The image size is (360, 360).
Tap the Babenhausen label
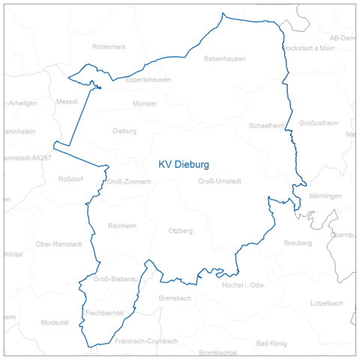point(225,58)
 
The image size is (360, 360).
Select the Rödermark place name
point(109,46)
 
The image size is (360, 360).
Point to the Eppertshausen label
point(148,79)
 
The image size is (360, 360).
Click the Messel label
point(67,101)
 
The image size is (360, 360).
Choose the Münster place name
point(145,103)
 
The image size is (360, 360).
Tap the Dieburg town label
point(124,130)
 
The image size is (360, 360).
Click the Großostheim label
point(319,123)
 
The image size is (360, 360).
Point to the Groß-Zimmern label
point(129,181)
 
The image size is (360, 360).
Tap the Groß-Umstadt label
point(220,181)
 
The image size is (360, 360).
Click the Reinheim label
point(123,226)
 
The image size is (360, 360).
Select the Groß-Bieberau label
point(116,279)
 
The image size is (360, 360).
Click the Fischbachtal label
point(104,312)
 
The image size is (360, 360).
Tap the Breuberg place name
point(298,243)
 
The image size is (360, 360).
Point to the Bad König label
point(271,343)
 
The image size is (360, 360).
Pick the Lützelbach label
point(326,303)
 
